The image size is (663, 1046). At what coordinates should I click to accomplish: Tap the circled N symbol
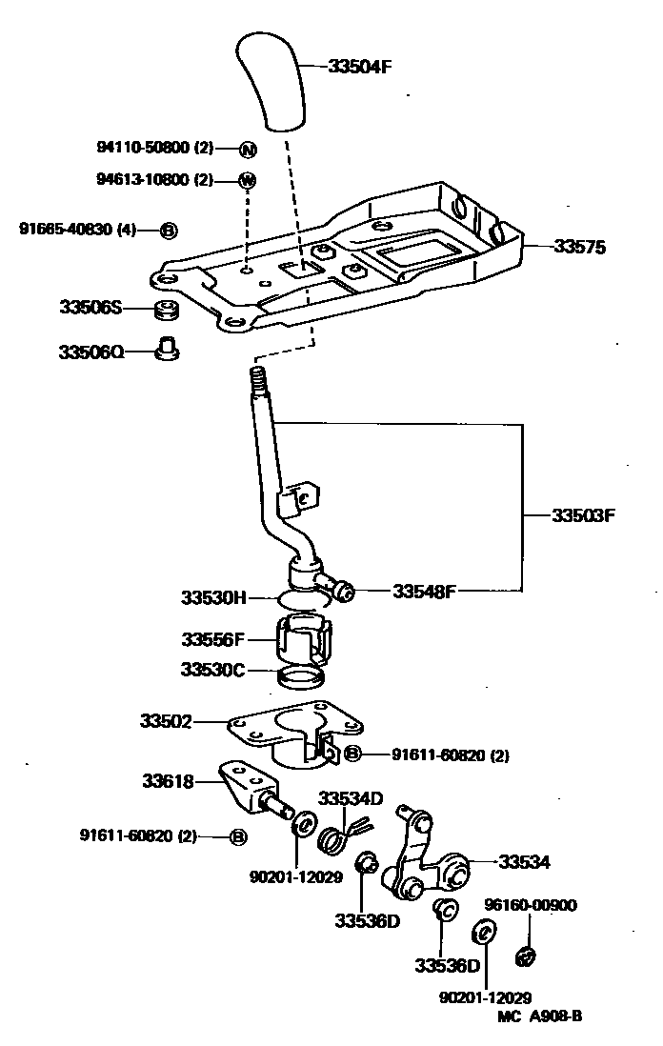tap(247, 149)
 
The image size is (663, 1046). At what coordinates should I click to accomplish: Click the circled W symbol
tap(247, 180)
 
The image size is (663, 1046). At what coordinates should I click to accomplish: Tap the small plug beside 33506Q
tap(168, 349)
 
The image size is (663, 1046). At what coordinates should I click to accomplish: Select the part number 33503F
tap(584, 515)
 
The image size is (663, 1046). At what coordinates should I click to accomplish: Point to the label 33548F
tap(425, 591)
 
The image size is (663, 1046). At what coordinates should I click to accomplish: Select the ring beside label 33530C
tap(299, 677)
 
